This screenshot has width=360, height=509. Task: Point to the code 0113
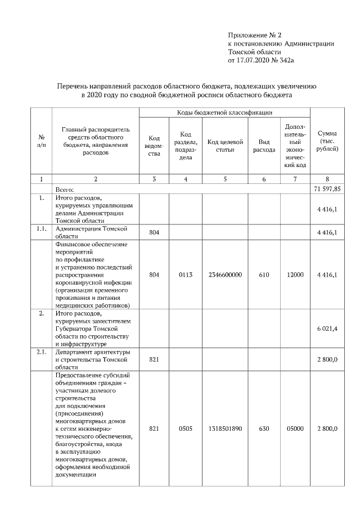[186, 274]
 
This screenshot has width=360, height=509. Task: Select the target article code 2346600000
[224, 274]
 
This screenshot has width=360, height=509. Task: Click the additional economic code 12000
[295, 274]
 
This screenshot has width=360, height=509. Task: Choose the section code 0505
[186, 429]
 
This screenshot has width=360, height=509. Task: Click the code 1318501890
[224, 429]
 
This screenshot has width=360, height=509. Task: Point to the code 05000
[295, 429]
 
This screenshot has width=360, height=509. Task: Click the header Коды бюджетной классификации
[224, 113]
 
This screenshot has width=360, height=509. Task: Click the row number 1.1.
[41, 229]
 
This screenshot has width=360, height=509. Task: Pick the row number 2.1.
[41, 352]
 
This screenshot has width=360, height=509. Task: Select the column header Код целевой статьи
[224, 146]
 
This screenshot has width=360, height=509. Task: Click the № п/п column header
[41, 141]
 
